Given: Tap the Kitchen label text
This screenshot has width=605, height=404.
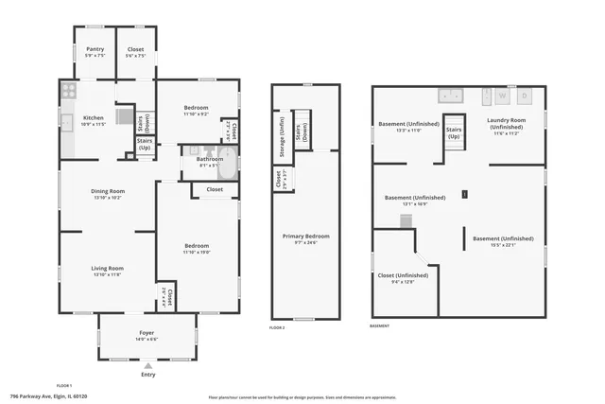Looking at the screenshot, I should (x=66, y=119).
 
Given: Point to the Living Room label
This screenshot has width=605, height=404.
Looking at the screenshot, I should (x=108, y=270).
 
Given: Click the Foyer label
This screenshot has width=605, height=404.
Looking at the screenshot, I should (x=147, y=334).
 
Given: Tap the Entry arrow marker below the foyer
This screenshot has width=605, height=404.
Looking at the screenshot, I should (x=147, y=365).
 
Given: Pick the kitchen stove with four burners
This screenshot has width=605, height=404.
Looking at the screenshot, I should (x=67, y=92).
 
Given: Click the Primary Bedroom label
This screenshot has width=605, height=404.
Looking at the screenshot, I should (x=305, y=237).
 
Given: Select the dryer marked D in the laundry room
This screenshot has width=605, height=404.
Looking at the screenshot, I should (x=525, y=96).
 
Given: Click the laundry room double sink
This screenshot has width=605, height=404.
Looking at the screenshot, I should (x=450, y=95).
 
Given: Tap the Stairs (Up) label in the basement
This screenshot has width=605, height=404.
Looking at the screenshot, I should (x=453, y=132).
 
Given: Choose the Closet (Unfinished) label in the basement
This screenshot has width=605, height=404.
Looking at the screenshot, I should (x=403, y=277).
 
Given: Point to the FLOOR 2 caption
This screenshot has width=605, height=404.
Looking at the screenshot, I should (x=277, y=326).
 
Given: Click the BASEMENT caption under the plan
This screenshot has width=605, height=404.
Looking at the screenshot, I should (x=380, y=326).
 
